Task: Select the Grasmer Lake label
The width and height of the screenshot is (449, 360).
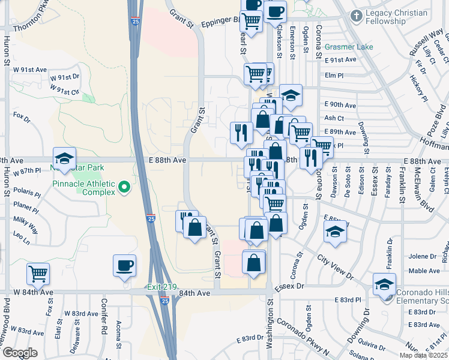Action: pyautogui.click(x=349, y=47)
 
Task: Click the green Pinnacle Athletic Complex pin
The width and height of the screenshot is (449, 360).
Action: pyautogui.click(x=124, y=188)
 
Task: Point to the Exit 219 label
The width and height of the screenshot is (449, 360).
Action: pyautogui.click(x=161, y=287)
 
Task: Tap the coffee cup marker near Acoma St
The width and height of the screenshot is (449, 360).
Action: pyautogui.click(x=124, y=265)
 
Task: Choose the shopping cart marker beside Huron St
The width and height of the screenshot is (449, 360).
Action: pyautogui.click(x=38, y=274)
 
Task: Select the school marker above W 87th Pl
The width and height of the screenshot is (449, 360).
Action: pyautogui.click(x=64, y=158)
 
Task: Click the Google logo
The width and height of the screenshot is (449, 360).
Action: pyautogui.click(x=19, y=353)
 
